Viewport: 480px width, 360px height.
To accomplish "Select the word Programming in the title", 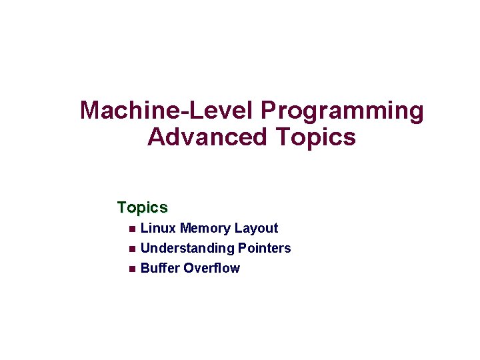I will point(342,111).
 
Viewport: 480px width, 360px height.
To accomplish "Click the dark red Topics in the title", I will point(315,137).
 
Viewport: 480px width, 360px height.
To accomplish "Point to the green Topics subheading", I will point(142,207).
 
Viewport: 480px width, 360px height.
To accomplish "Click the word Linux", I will point(159,228).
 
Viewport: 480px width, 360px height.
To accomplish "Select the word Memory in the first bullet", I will point(204,228).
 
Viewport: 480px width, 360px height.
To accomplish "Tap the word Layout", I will point(255,228).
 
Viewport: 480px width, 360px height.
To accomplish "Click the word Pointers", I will point(264,248).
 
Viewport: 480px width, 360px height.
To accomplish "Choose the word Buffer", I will point(160,268).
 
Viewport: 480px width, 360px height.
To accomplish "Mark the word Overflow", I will point(211,268).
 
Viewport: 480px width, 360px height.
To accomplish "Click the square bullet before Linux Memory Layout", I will point(131,229).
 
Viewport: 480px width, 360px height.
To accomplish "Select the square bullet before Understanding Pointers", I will point(131,249).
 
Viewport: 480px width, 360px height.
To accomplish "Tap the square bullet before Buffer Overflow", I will point(131,269).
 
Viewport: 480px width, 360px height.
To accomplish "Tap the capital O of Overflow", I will point(189,268).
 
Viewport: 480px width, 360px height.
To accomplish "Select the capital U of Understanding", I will point(146,248).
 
